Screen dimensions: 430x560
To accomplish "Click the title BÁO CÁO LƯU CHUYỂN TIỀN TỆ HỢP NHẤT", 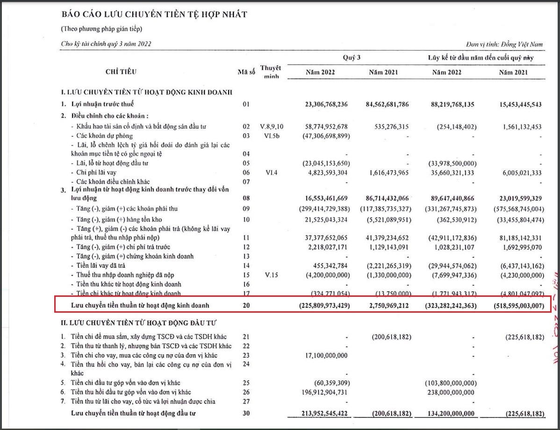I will coord(154,14).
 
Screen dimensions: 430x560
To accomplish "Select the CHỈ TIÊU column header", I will coord(121,72).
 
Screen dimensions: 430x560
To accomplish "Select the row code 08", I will coord(246,198).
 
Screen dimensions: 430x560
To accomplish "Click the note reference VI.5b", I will coord(271,136).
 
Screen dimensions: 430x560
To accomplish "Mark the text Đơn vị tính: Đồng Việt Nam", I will coord(504,44).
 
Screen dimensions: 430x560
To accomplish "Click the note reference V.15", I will coord(271,275).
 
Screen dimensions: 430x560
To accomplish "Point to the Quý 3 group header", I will coord(352,57).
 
